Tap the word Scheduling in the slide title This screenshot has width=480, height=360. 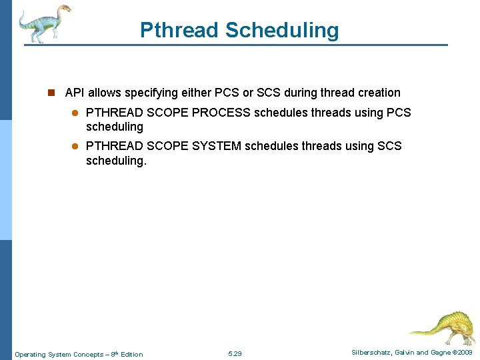pos(282,30)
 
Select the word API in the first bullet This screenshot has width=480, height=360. pos(75,93)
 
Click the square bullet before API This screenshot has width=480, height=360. pos(55,93)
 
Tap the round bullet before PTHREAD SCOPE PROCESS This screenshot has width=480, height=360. pos(75,113)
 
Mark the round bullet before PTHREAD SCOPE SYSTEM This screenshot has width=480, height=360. pos(75,145)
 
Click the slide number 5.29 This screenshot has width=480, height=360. pos(235,354)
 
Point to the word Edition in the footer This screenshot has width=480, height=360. pos(131,354)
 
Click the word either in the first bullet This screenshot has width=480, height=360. pos(196,93)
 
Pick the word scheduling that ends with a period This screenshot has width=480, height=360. pos(115,160)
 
